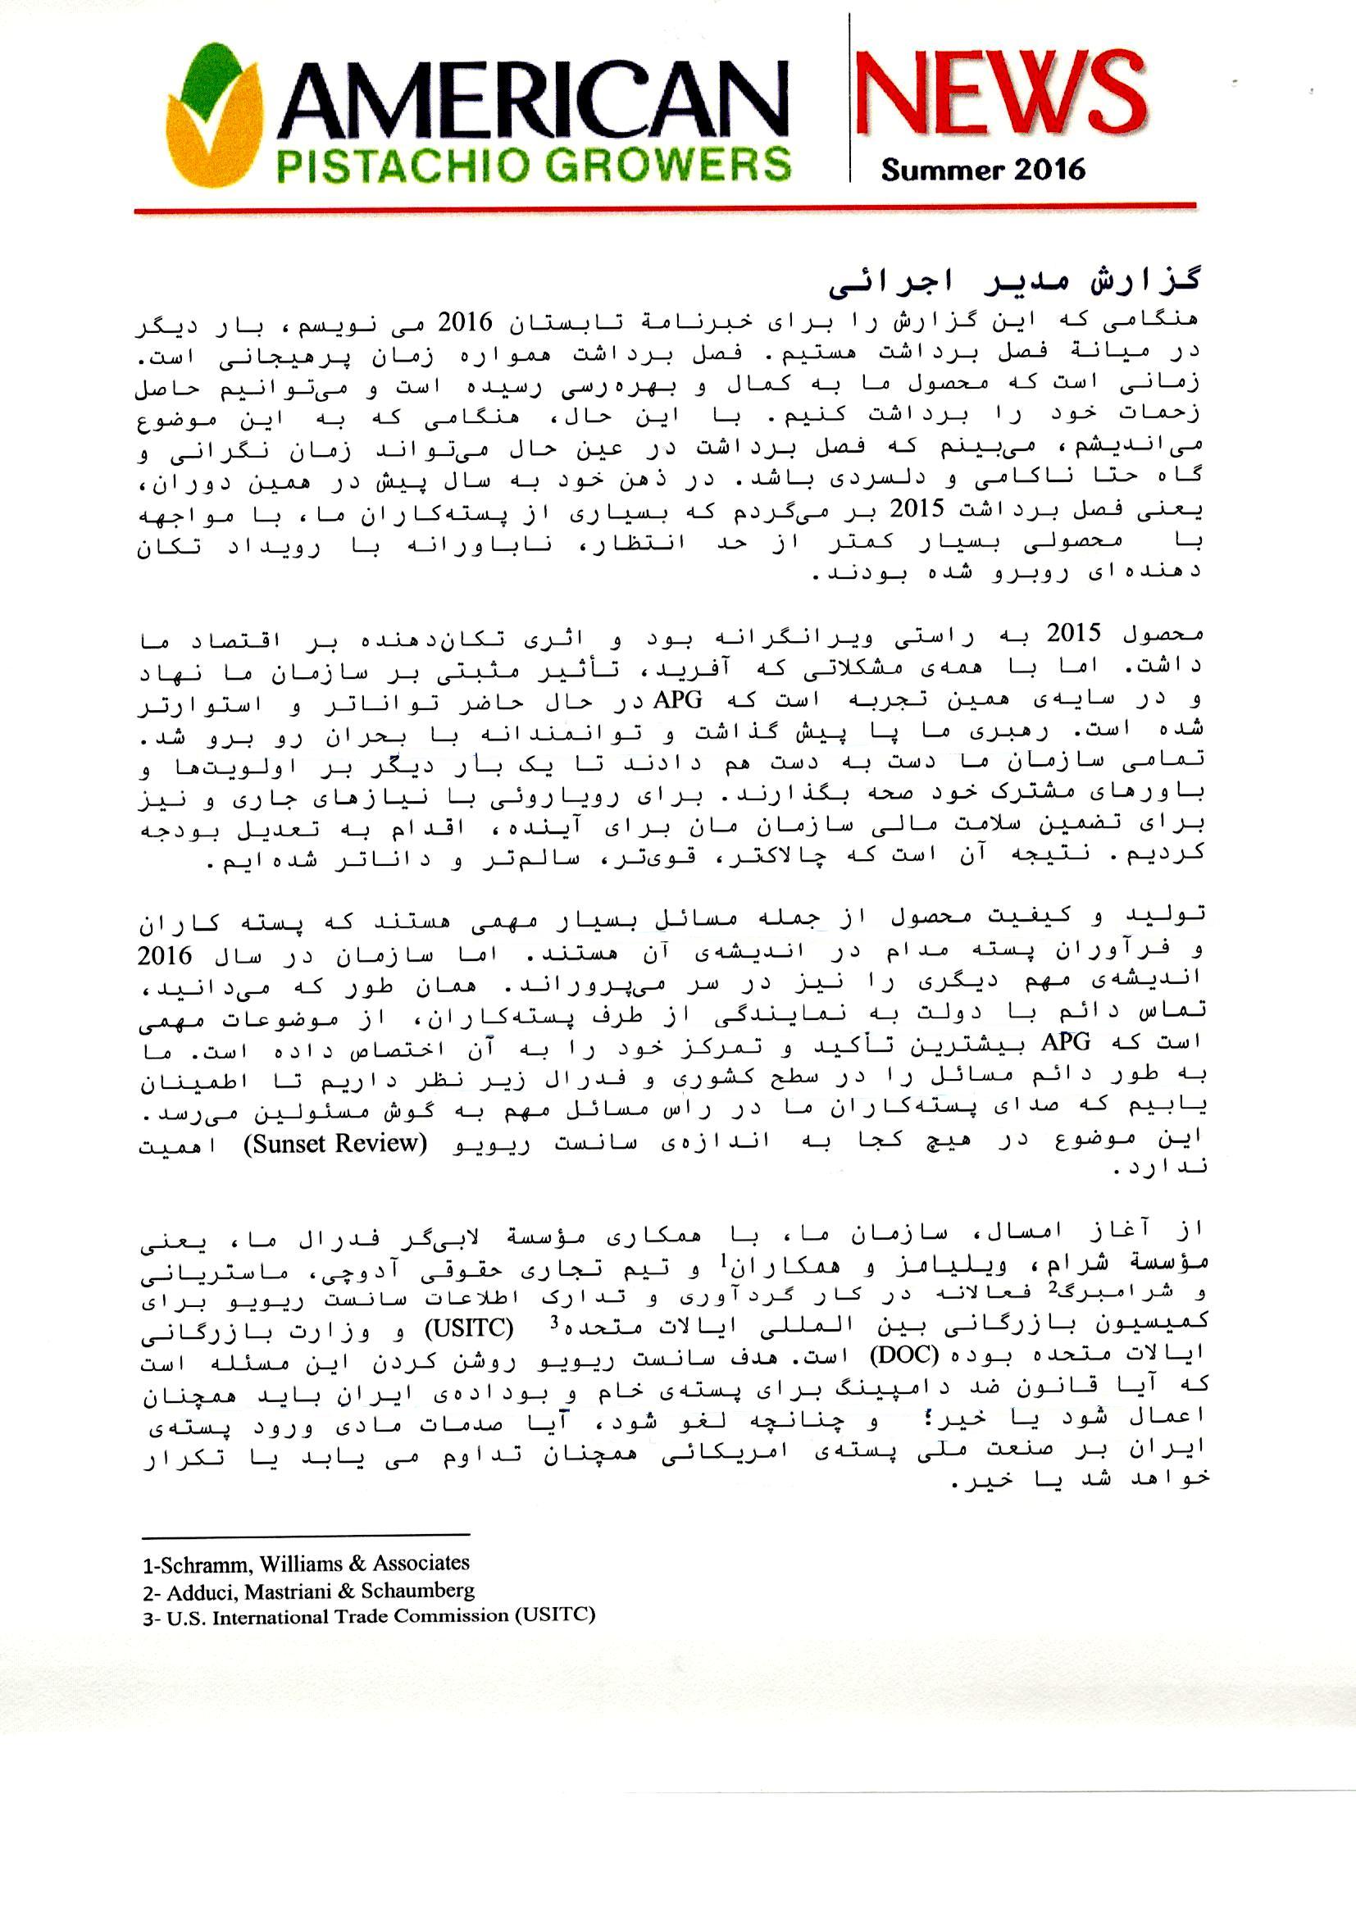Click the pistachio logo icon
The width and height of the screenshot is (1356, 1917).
point(216,115)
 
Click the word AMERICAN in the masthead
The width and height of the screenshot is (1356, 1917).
point(533,100)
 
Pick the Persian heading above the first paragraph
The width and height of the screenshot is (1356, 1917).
point(1014,281)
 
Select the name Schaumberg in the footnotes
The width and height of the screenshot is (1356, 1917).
point(417,1591)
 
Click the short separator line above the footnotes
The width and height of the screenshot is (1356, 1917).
point(306,1535)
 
